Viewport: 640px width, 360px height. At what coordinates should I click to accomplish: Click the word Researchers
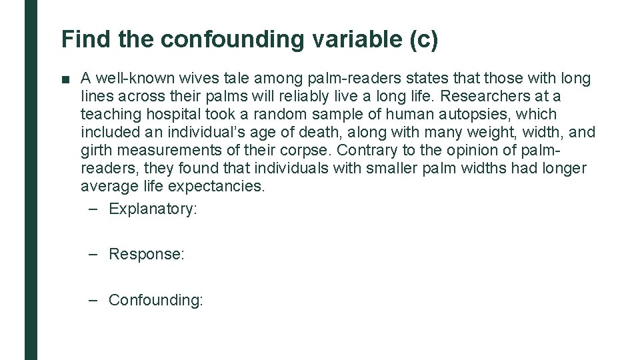pos(492,97)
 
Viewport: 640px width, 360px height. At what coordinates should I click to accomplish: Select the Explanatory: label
pos(153,209)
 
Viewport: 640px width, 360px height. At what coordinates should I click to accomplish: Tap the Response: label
pos(146,254)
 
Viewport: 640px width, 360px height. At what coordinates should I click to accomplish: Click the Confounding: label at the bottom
pos(155,300)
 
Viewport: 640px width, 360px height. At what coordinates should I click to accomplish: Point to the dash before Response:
pos(95,254)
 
